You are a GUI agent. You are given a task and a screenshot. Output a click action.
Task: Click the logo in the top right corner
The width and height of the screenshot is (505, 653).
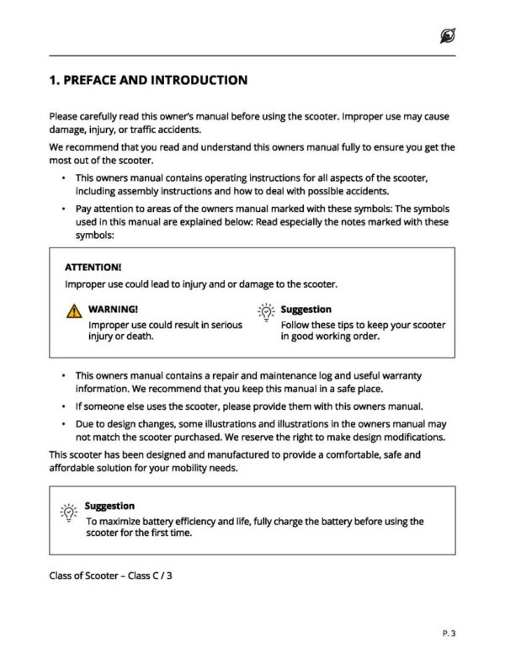[447, 35]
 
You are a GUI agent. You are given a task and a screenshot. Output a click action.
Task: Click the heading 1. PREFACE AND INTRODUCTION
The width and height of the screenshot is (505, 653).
[148, 81]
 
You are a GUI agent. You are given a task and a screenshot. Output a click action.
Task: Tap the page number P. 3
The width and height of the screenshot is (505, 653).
[448, 631]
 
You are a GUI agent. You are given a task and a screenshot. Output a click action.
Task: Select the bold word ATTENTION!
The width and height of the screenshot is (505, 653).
[93, 267]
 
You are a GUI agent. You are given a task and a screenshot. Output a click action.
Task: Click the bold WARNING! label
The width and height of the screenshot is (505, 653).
[113, 310]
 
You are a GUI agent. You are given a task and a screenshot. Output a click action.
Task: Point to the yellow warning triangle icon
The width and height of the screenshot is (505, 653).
[74, 311]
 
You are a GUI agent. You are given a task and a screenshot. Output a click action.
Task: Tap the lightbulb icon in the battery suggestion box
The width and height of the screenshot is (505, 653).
[67, 511]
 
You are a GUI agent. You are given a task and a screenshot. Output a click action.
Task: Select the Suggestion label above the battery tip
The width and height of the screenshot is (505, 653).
[109, 506]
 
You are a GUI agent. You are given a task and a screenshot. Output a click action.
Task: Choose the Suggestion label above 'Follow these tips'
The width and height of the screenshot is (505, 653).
[306, 310]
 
